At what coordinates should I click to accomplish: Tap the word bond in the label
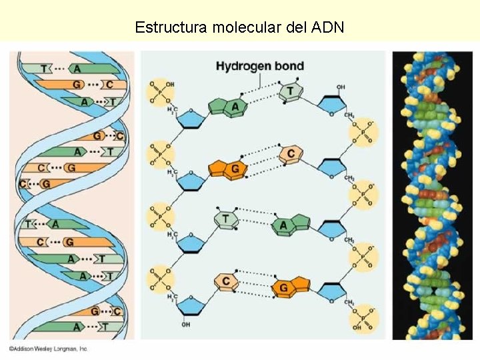(x=291, y=66)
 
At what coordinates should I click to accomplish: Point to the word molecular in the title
(x=243, y=27)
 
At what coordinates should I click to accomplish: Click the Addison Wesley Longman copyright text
(x=48, y=349)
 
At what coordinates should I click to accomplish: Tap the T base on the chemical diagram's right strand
(x=290, y=91)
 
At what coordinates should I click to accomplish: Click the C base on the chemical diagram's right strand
(x=290, y=154)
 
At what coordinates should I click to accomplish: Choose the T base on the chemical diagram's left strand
(x=226, y=219)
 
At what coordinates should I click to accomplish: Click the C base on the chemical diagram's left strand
(x=225, y=281)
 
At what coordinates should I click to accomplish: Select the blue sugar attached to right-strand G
(x=331, y=291)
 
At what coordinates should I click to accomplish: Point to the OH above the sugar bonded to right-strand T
(x=341, y=87)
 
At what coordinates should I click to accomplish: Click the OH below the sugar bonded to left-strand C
(x=186, y=325)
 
